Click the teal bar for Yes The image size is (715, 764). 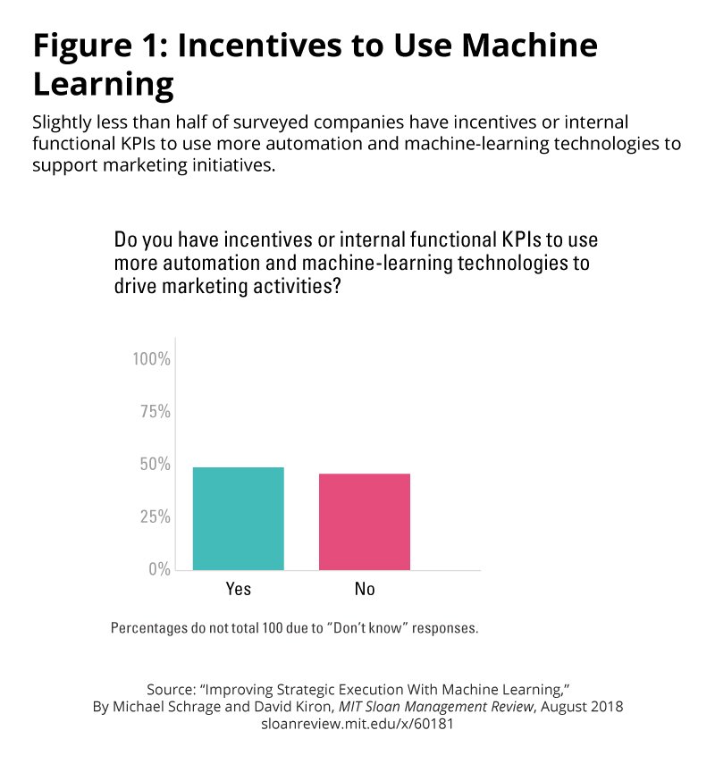(x=239, y=518)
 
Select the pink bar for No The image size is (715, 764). (x=365, y=522)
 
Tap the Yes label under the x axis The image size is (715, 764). (x=239, y=589)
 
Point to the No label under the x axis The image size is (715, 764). (x=365, y=589)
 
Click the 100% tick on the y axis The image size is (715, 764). (x=151, y=359)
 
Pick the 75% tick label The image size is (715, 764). (x=154, y=412)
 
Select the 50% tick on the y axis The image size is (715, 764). (x=154, y=465)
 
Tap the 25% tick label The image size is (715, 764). (x=154, y=516)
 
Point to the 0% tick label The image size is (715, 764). (x=157, y=569)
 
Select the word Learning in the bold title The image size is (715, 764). (x=103, y=85)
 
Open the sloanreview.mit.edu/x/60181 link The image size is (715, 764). (x=357, y=724)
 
